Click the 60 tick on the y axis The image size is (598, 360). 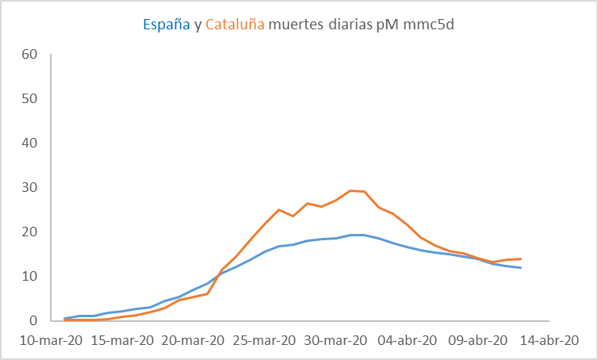[30, 55]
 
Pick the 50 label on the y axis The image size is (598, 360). [30, 99]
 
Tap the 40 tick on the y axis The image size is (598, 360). [30, 144]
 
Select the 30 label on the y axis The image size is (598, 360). [30, 188]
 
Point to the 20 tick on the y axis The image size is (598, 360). [30, 232]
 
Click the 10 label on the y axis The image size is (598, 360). [30, 277]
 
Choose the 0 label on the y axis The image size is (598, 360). [34, 321]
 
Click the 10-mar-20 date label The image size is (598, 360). [52, 340]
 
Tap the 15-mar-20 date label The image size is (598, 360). [123, 340]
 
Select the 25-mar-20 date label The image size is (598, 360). [265, 340]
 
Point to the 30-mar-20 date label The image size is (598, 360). [336, 340]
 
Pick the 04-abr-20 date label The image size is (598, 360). [407, 340]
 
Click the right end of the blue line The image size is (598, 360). [520, 268]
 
